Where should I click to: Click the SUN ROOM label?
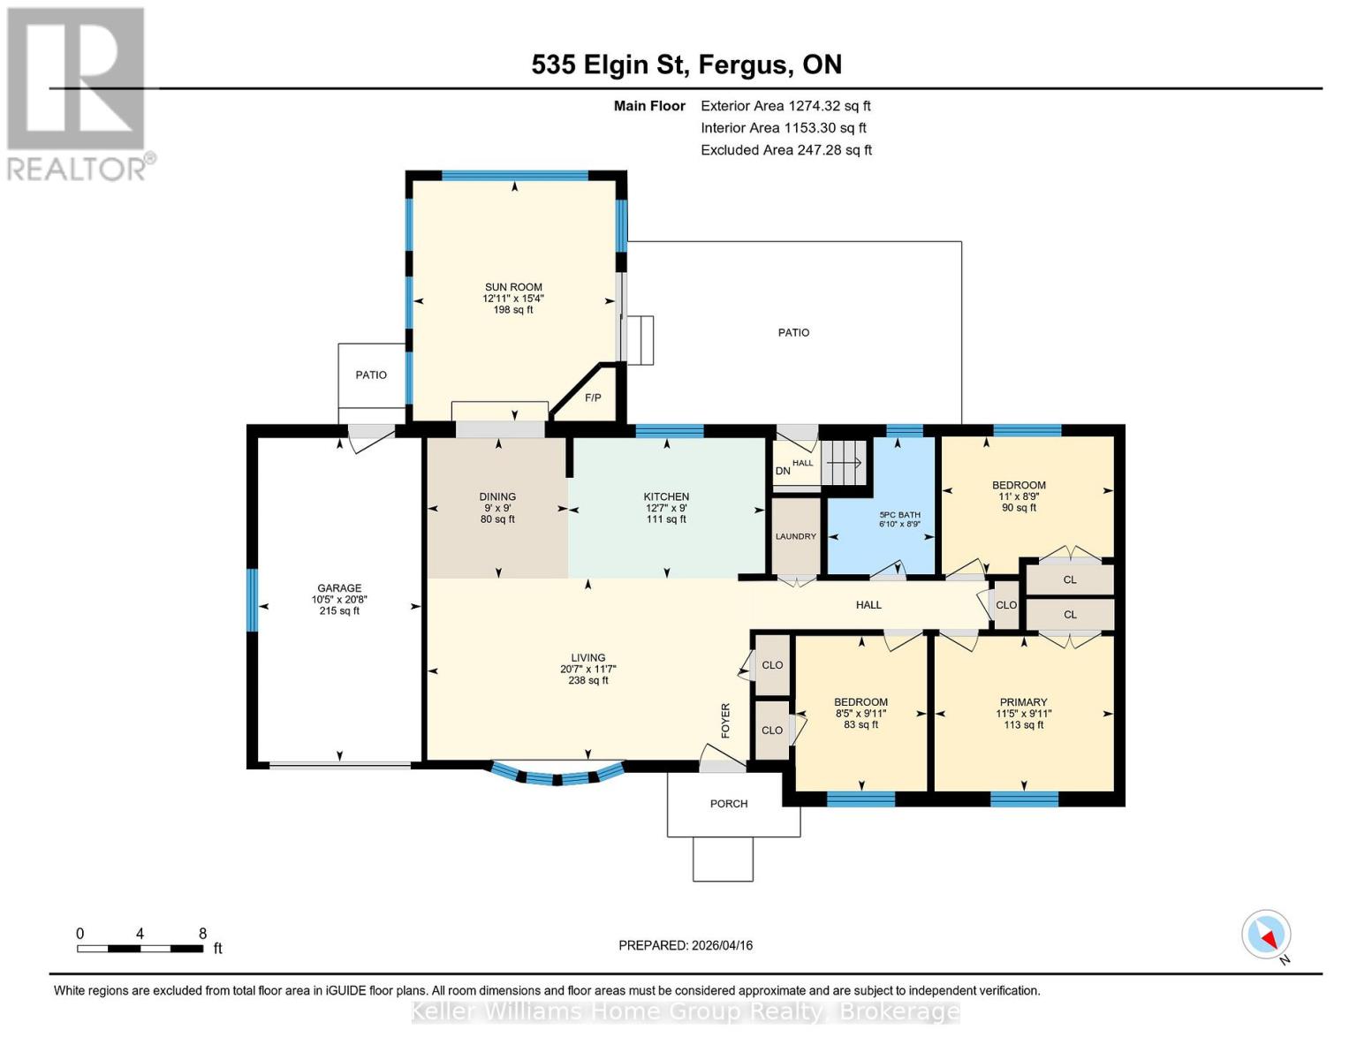tap(513, 287)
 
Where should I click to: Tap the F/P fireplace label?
tap(593, 398)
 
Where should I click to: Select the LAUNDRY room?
tap(796, 536)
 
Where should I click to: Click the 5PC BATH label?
tap(899, 514)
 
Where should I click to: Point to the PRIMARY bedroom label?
tap(1023, 702)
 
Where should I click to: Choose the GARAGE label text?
tap(339, 588)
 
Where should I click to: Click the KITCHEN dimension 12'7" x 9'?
tap(666, 508)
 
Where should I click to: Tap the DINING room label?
tap(497, 496)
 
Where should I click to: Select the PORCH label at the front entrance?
tap(729, 804)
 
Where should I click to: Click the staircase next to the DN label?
tap(845, 462)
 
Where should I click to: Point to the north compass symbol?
tap(1267, 935)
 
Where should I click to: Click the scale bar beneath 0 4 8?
tap(140, 949)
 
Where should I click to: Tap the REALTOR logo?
tap(78, 93)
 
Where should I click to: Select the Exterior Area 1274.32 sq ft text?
tap(785, 106)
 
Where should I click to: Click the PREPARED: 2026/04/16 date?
tap(686, 945)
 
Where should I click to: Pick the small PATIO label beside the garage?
tap(371, 375)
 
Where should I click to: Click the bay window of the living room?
tap(557, 776)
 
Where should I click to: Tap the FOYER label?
tap(726, 721)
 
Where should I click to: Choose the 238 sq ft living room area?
tap(588, 681)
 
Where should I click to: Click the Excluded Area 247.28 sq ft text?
tap(786, 150)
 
